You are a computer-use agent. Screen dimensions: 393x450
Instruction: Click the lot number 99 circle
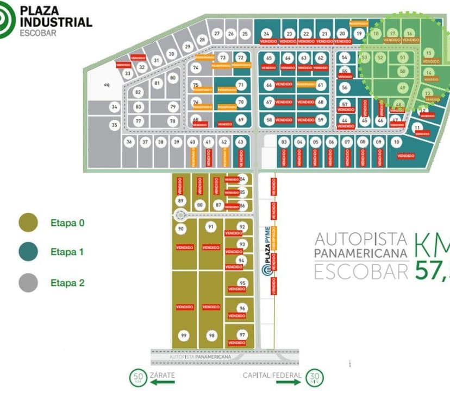pyautogui.click(x=184, y=336)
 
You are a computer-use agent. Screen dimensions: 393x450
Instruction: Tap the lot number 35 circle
pyautogui.click(x=114, y=125)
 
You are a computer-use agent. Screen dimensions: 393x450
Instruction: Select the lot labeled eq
pyautogui.click(x=107, y=85)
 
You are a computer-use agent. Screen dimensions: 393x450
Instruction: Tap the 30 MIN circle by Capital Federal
pyautogui.click(x=314, y=377)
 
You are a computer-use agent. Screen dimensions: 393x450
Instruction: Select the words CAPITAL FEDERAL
pyautogui.click(x=272, y=375)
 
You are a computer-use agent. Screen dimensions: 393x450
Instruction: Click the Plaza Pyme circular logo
pyautogui.click(x=266, y=270)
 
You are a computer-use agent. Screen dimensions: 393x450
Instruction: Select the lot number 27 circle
pyautogui.click(x=216, y=34)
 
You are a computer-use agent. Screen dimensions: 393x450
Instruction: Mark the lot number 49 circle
pyautogui.click(x=402, y=87)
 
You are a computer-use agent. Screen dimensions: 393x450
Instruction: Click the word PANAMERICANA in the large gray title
pyautogui.click(x=361, y=253)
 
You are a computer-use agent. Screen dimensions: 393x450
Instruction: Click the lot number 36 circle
pyautogui.click(x=129, y=142)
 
